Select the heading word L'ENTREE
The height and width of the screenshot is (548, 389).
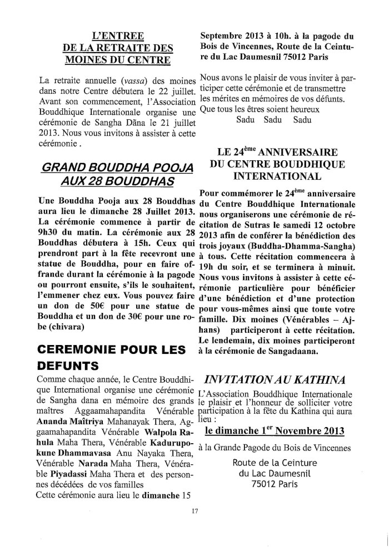tap(117, 37)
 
